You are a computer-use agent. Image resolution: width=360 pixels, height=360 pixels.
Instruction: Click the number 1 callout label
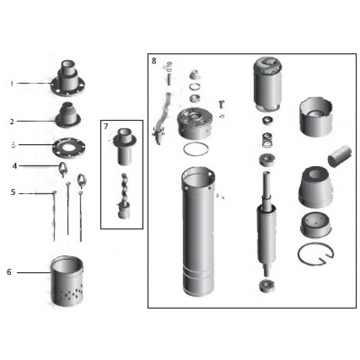(x=11, y=83)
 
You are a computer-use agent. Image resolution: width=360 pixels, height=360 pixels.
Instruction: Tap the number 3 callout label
(x=11, y=145)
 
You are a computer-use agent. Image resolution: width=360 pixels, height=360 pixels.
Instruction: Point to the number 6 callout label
(x=9, y=272)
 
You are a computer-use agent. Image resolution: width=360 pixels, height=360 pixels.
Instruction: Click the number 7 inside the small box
(x=106, y=126)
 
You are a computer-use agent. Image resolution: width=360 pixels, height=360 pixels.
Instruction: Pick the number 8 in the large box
(x=154, y=61)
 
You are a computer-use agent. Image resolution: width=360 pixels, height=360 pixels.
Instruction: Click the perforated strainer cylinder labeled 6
(x=68, y=282)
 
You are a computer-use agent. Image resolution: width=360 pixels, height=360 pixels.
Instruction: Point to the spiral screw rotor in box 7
(x=124, y=187)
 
